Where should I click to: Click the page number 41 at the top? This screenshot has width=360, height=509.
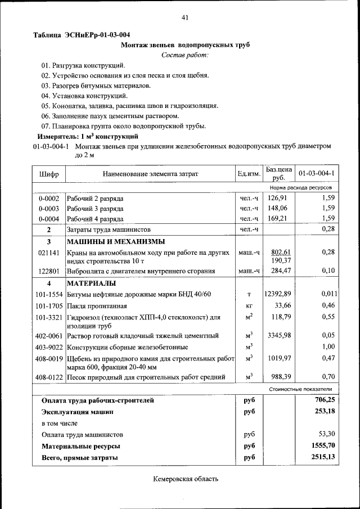tap(184, 18)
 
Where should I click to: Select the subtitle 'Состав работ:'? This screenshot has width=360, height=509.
tap(184, 55)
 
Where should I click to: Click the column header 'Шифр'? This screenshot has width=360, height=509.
tap(49, 174)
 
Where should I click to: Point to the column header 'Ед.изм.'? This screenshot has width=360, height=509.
tap(249, 174)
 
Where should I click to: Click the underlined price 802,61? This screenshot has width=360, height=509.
tap(280, 252)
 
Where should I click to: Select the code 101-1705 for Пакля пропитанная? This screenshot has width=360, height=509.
tap(49, 305)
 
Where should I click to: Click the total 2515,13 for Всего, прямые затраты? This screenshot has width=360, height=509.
tap(323, 457)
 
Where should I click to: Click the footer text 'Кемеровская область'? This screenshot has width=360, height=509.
tap(185, 479)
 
